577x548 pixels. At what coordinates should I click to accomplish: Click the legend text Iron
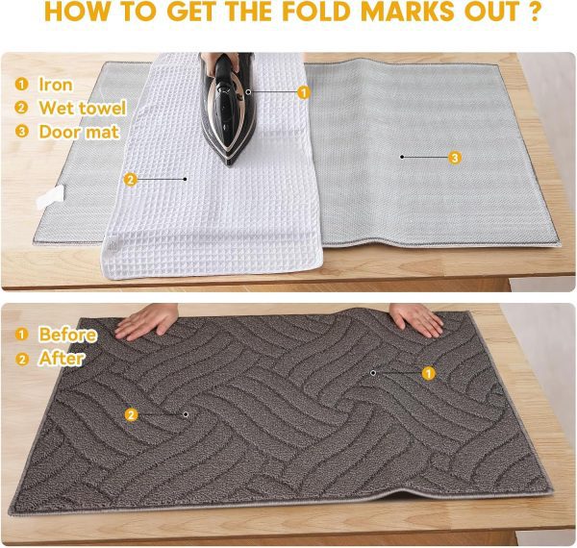[56, 85]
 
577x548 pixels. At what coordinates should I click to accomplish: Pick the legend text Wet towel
[79, 109]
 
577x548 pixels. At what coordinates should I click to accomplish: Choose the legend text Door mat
[79, 132]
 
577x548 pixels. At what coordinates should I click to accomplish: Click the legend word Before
[67, 335]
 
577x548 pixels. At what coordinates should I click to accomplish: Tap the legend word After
[62, 359]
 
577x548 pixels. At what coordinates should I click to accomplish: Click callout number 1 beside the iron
[304, 92]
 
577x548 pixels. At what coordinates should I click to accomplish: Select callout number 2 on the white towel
[131, 178]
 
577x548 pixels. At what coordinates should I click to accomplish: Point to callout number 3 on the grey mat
[456, 157]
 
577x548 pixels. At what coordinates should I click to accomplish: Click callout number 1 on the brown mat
[429, 372]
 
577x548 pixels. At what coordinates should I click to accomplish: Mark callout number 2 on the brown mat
[132, 414]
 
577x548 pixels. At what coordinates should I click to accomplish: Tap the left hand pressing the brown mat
[146, 322]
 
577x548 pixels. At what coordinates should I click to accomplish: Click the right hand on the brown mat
[415, 319]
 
